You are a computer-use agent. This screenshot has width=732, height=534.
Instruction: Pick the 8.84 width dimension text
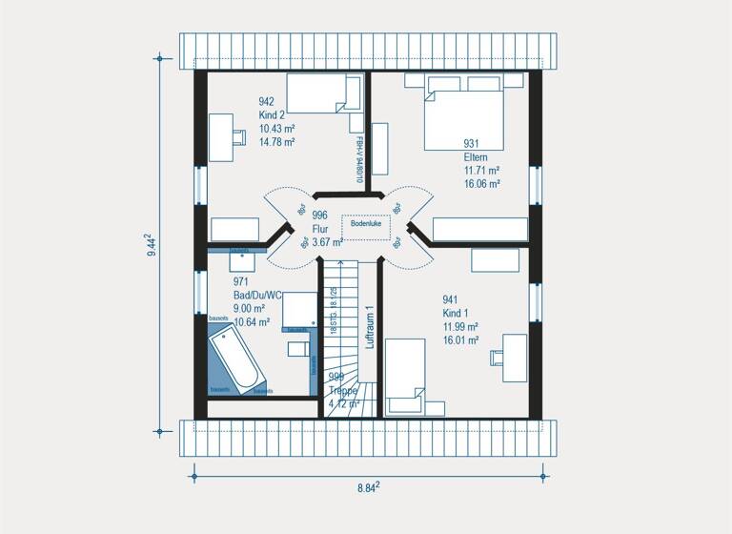[x=369, y=487]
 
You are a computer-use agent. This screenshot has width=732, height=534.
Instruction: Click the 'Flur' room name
[x=320, y=229]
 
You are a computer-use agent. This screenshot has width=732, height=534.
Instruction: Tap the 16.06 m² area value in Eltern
[x=482, y=184]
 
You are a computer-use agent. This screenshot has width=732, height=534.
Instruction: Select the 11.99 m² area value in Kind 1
[x=459, y=326]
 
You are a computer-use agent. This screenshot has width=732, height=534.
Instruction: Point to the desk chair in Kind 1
[x=498, y=358]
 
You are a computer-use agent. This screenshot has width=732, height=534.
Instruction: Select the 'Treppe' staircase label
[x=343, y=390]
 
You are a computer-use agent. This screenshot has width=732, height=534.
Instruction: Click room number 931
[x=472, y=144]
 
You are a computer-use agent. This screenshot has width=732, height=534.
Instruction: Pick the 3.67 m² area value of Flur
[x=327, y=242]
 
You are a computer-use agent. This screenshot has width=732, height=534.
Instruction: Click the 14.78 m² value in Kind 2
[x=276, y=141]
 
